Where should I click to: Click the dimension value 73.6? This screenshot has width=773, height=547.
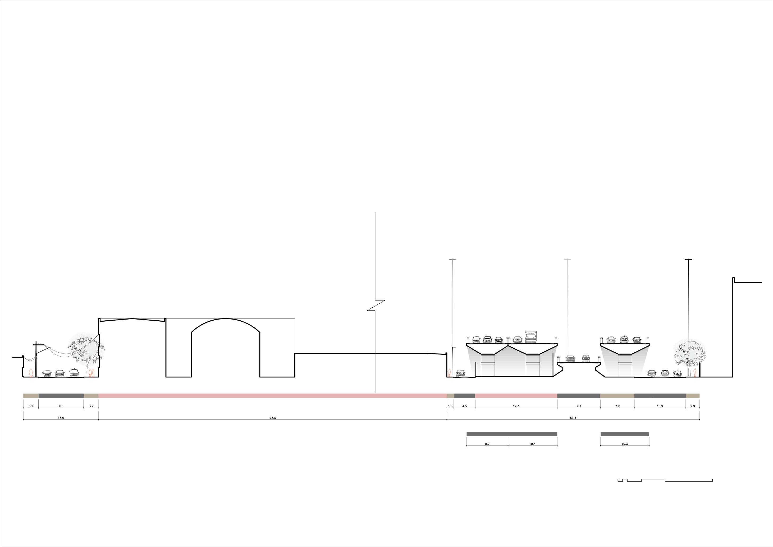coord(273,418)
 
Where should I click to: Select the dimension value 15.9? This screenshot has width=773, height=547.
coord(61,418)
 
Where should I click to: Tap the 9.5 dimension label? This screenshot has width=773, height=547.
coord(61,406)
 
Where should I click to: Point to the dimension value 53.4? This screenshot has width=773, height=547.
coord(573,418)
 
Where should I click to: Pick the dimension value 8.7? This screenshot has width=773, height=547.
coord(487,444)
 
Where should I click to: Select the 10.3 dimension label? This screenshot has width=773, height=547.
coord(625,444)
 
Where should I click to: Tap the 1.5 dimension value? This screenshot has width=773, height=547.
coord(450,406)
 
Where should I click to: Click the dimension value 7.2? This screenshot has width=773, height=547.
coord(617,406)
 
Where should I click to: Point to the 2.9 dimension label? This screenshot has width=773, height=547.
coord(693,406)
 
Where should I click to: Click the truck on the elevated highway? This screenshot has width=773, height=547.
coord(530,337)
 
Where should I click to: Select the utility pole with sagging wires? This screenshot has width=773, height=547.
coord(36,359)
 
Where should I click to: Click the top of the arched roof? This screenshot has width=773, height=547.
coord(226,319)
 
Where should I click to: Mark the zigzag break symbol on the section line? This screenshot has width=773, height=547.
coord(376,306)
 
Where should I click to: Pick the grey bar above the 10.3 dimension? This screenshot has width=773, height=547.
coord(625,434)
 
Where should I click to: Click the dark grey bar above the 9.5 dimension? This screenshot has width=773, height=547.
coord(61,395)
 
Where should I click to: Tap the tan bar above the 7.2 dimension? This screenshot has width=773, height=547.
coord(617,395)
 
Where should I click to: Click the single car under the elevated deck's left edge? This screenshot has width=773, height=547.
coord(460,373)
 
